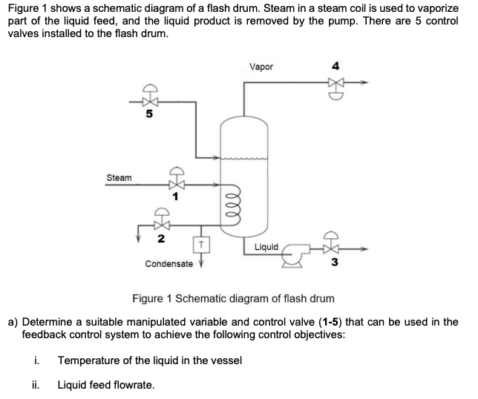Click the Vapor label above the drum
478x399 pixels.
point(261,67)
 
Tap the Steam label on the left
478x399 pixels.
point(119,178)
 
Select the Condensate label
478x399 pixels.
point(168,263)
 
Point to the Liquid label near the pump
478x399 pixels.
point(266,246)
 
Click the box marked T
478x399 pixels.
point(199,244)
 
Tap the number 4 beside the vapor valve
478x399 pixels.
point(336,67)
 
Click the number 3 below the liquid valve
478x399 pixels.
point(335,263)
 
